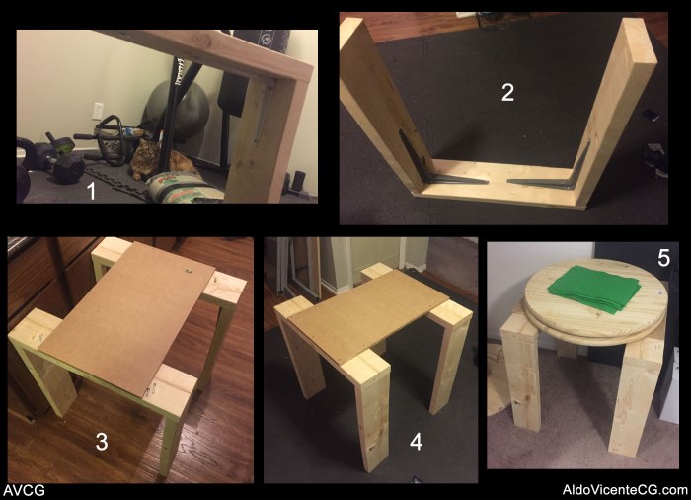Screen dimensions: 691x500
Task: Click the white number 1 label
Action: tap(91, 191)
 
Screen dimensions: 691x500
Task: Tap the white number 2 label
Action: tap(507, 92)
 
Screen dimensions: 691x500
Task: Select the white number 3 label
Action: tap(102, 442)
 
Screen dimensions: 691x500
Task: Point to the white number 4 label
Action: tap(416, 442)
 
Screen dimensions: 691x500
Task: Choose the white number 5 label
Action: tap(663, 258)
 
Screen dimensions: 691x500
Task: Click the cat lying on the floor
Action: tap(159, 161)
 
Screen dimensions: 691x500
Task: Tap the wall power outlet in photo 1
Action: tap(98, 111)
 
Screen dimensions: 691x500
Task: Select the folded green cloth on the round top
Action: tap(593, 289)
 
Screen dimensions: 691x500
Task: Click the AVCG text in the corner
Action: tap(25, 490)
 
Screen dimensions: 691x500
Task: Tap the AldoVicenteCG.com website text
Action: tap(625, 490)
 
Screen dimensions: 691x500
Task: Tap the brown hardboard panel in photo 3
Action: tap(127, 317)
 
